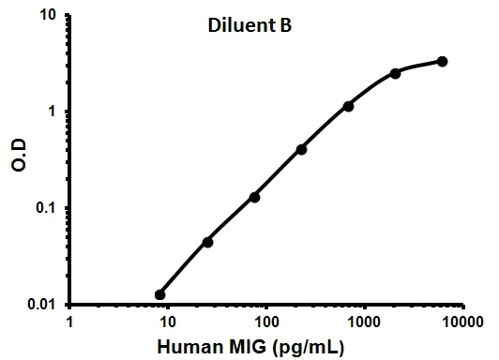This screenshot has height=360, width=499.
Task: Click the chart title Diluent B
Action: (x=249, y=26)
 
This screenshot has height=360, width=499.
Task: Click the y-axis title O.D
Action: (x=17, y=159)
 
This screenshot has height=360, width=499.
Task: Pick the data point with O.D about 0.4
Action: (x=301, y=149)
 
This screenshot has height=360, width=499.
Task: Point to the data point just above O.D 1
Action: (x=348, y=106)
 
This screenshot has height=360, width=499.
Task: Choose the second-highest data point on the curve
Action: (x=395, y=73)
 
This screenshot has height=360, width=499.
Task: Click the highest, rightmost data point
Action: (x=442, y=62)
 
